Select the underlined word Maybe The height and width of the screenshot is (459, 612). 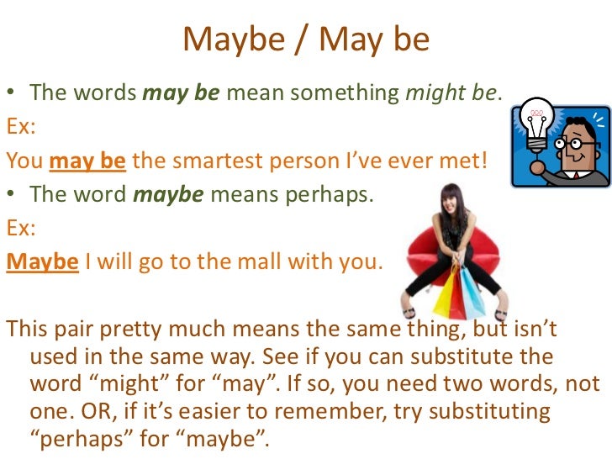(x=42, y=262)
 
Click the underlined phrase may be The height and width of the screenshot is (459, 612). (x=88, y=160)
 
